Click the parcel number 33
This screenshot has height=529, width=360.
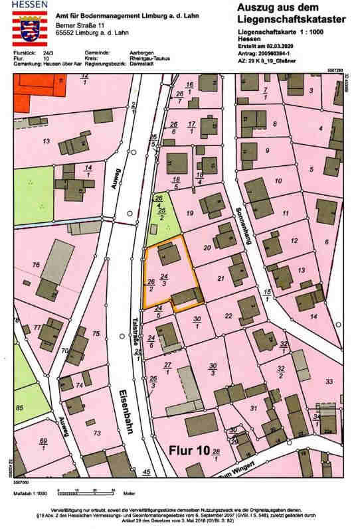(x=328, y=381)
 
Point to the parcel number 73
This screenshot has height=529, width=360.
(x=97, y=433)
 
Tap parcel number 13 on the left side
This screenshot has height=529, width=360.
(x=46, y=141)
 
